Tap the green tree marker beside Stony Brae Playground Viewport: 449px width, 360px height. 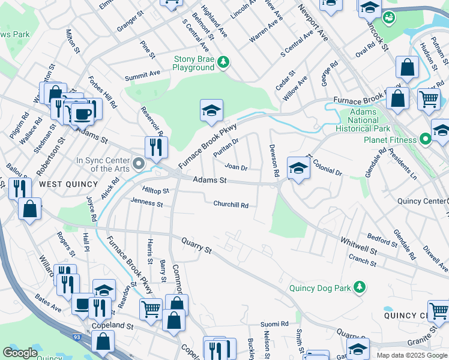pyautogui.click(x=223, y=61)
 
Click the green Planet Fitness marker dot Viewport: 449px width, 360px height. pyautogui.click(x=426, y=140)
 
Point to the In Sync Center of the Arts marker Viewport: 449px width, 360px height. pyautogui.click(x=139, y=163)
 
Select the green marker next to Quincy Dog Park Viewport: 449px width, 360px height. pyautogui.click(x=359, y=288)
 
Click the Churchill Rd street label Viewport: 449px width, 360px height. pyautogui.click(x=231, y=205)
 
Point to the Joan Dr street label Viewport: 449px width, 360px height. pyautogui.click(x=236, y=167)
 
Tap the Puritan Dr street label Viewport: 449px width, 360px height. pyautogui.click(x=226, y=148)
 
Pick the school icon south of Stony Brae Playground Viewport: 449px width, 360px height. pyautogui.click(x=211, y=110)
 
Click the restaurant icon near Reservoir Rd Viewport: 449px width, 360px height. pyautogui.click(x=156, y=146)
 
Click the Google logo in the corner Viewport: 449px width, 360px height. pyautogui.click(x=20, y=353)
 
